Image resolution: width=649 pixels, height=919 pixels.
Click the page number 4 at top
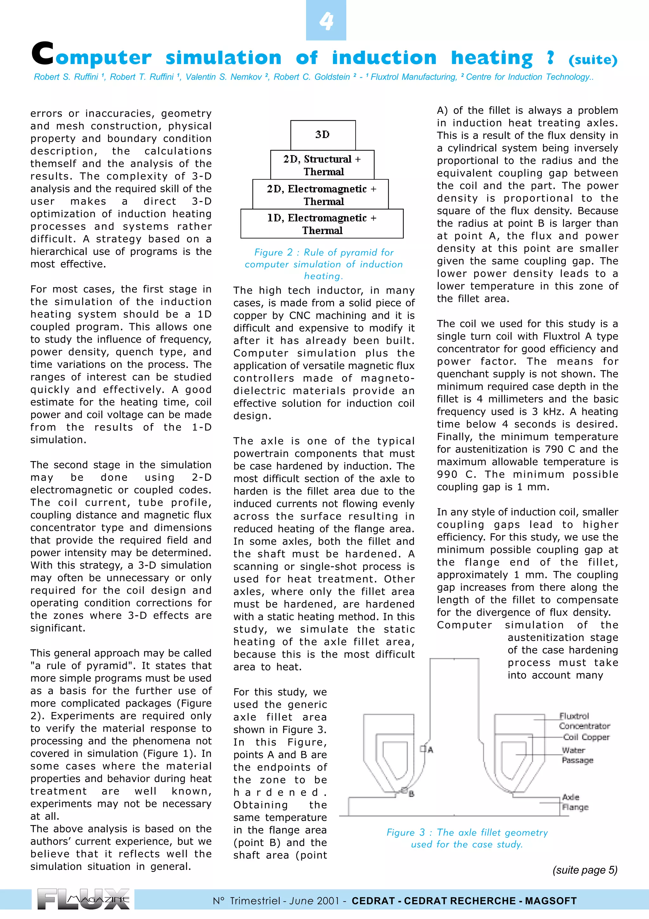(x=326, y=21)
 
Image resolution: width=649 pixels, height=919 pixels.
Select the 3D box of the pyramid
(x=323, y=135)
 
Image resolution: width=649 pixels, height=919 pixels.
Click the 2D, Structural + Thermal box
(x=322, y=165)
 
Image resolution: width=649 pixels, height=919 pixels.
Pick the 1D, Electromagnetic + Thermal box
(x=322, y=224)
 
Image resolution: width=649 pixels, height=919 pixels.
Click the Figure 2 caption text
(x=324, y=264)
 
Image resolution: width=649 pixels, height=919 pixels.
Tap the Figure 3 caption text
(x=467, y=838)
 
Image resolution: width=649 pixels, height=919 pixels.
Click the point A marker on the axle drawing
(x=423, y=748)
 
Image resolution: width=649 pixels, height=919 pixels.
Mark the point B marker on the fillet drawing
(x=404, y=790)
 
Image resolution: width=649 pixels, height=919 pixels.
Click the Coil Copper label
(x=586, y=737)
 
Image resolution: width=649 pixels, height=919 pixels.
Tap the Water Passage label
(x=577, y=755)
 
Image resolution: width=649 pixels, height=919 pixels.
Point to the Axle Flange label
(x=575, y=802)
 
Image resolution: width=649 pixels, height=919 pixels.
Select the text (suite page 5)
(x=585, y=870)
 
